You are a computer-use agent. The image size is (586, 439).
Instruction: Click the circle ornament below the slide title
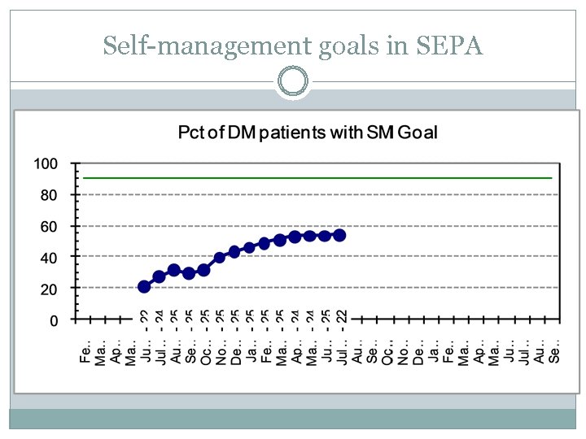pos(293,81)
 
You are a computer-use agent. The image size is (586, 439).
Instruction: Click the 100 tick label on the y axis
pos(46,163)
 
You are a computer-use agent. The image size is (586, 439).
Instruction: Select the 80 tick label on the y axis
pos(50,195)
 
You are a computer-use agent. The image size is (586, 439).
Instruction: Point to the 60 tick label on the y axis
pos(50,226)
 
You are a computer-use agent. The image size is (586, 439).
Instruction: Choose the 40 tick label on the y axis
pos(50,257)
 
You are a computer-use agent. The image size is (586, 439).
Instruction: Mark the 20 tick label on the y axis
pos(50,289)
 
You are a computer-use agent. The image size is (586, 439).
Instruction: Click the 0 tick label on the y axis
pos(54,320)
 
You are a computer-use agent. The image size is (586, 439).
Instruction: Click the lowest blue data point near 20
pos(144,286)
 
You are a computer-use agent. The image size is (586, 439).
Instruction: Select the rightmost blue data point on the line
pos(339,235)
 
